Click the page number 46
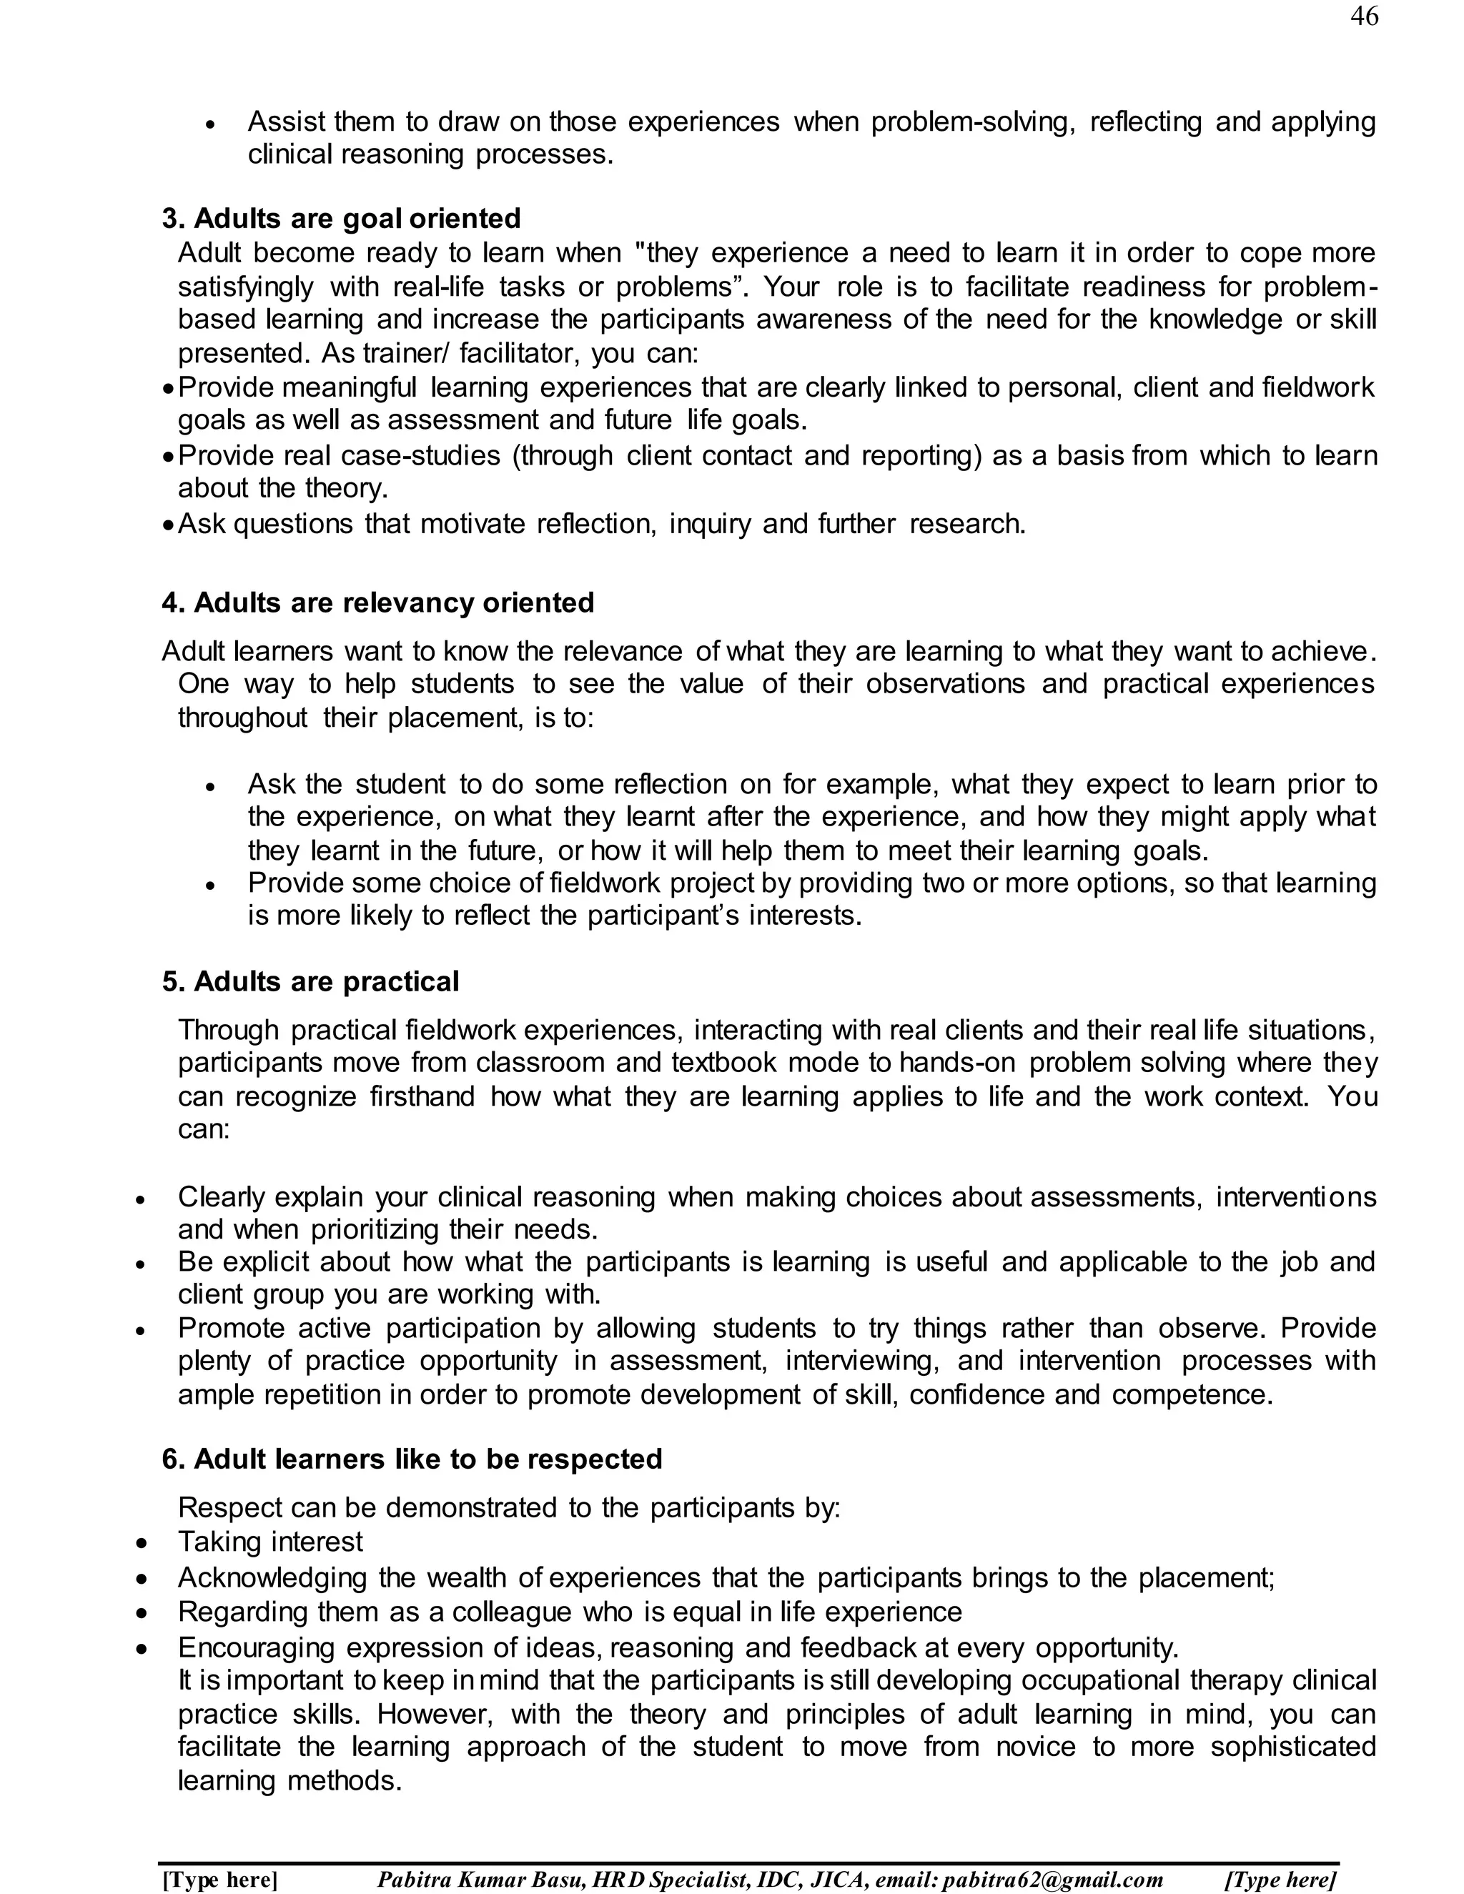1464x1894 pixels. click(1363, 16)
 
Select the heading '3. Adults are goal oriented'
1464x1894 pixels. click(341, 219)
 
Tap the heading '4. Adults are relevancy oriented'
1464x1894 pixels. click(377, 603)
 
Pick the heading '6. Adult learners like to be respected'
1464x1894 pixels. click(412, 1459)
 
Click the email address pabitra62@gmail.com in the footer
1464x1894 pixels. click(1052, 1879)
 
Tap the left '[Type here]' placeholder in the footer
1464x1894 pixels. click(220, 1879)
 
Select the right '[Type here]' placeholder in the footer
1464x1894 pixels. click(1280, 1879)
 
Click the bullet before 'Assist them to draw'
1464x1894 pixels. click(210, 125)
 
